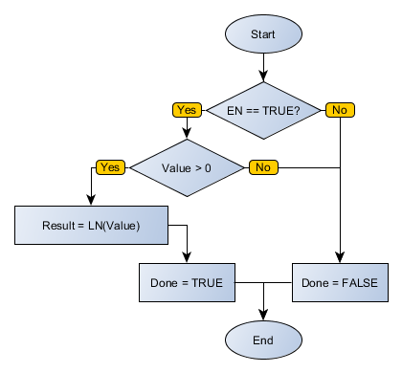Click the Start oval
[x=263, y=33]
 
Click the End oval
[x=263, y=340]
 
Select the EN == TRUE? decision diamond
[x=263, y=110]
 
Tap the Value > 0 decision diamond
[x=187, y=167]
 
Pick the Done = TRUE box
[x=187, y=283]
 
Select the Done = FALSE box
[x=340, y=283]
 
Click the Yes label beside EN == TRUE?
[x=187, y=110]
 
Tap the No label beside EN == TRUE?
[x=339, y=110]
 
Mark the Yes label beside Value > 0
[x=110, y=167]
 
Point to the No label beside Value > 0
[x=262, y=167]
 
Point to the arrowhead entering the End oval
[x=263, y=315]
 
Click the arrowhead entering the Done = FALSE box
[x=340, y=257]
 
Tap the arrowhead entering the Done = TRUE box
[x=187, y=257]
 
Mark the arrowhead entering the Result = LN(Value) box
[x=91, y=200]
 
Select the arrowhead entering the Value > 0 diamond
[x=187, y=142]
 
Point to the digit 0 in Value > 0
[x=209, y=167]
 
